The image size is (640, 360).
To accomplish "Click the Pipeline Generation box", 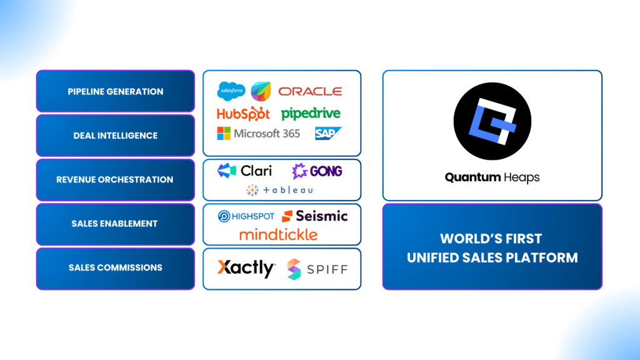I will point(116,91).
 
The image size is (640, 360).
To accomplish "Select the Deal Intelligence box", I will point(116,136).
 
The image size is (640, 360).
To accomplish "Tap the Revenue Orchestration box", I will point(116,180).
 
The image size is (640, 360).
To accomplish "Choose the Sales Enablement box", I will point(116,224).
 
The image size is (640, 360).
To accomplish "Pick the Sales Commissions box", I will point(116,268).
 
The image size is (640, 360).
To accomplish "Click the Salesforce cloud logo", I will point(231,92).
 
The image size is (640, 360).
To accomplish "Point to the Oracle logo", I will point(310,91).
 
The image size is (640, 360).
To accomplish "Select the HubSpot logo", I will point(243,114).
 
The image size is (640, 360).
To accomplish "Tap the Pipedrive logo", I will point(311,114).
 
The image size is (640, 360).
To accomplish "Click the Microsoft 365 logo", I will point(258,134).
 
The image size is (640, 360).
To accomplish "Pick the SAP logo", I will point(327,133).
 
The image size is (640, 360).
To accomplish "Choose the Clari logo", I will point(244,171).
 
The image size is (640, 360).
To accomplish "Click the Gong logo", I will point(317,171).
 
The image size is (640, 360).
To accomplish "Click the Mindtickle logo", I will point(278,235).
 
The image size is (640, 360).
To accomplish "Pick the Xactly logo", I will point(246,269).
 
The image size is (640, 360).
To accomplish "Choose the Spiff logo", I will point(317,269).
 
